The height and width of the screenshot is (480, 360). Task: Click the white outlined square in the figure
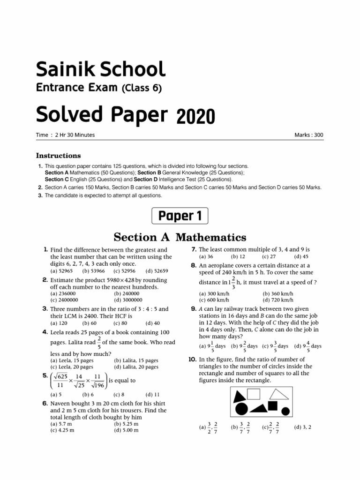click(x=254, y=395)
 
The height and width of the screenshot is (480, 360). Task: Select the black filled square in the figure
click(x=273, y=406)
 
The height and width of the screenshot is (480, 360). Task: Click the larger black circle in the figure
click(x=241, y=409)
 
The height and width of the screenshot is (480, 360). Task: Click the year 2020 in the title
click(x=196, y=115)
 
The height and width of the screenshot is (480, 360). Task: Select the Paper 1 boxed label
click(x=180, y=216)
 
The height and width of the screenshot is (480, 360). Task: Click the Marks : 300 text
click(x=308, y=135)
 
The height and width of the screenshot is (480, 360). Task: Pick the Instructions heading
click(x=59, y=156)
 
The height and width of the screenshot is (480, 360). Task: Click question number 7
click(x=194, y=249)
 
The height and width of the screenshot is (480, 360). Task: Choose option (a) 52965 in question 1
click(x=61, y=271)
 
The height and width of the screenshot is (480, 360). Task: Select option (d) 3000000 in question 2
click(x=130, y=300)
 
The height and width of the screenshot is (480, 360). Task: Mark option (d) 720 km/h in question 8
click(x=278, y=300)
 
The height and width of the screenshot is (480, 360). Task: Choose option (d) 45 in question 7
click(x=301, y=257)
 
